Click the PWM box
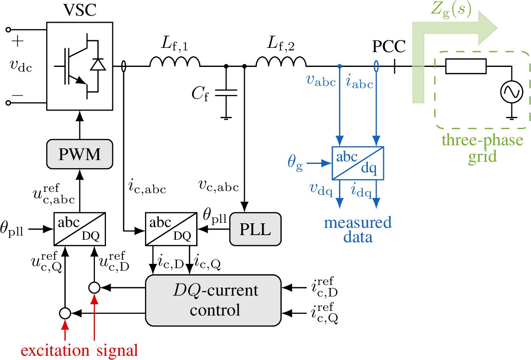point(80,154)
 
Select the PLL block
point(255,229)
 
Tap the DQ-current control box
point(213,300)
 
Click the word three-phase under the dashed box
point(482,140)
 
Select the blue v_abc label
point(321,80)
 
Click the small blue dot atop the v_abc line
point(339,66)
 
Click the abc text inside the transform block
point(347,157)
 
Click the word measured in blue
point(358,223)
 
